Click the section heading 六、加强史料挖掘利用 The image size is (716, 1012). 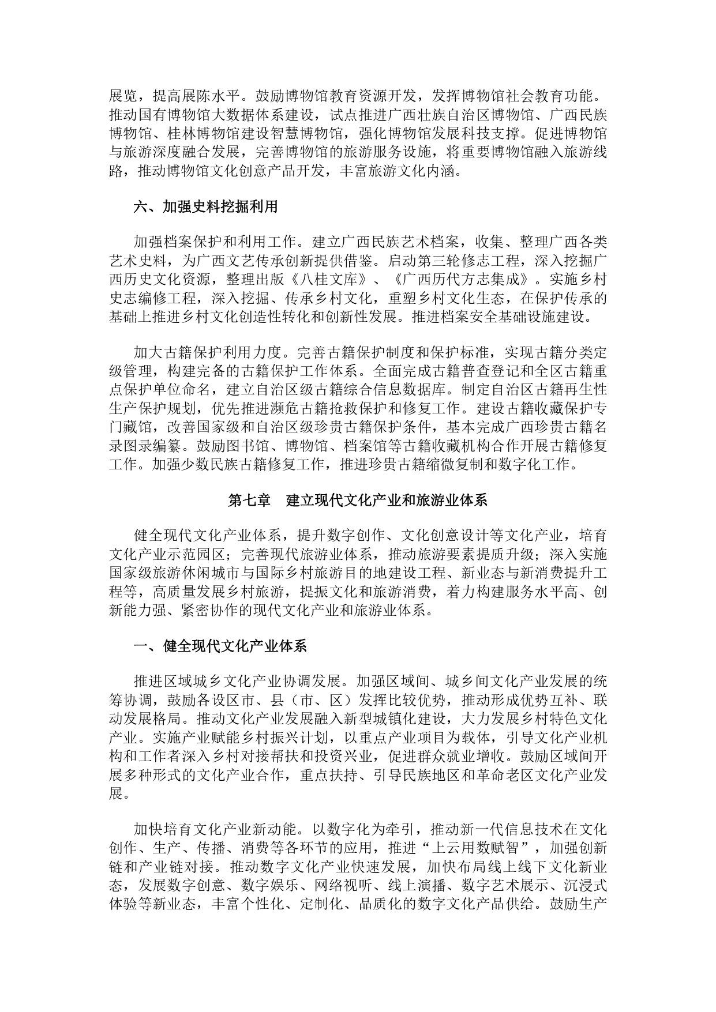coord(205,206)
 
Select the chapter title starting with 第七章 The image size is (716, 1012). coord(358,500)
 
